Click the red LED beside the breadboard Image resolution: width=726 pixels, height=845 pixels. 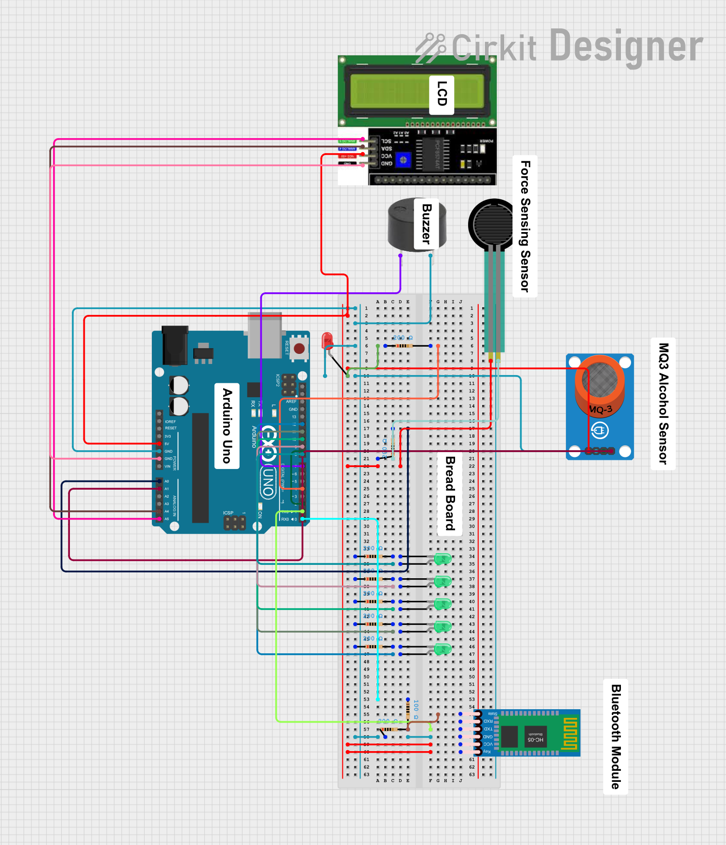tap(327, 340)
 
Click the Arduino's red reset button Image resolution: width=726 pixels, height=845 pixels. tap(299, 348)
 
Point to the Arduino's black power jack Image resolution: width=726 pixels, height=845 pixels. tap(175, 345)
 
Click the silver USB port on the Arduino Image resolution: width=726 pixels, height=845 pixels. tap(264, 335)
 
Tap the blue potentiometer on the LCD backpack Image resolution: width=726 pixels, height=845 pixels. tap(403, 160)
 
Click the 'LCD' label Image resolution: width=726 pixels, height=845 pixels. tap(442, 94)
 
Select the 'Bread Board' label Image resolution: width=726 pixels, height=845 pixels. tap(449, 494)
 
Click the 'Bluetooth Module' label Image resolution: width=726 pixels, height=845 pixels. tap(616, 736)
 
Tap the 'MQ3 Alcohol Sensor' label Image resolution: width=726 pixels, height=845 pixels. tap(663, 403)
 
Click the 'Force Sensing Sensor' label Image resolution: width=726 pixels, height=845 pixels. tap(525, 226)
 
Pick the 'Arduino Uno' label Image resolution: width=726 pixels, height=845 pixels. tap(227, 426)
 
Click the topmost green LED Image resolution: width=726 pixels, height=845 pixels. tap(443, 559)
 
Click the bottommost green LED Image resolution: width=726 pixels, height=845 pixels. tap(443, 649)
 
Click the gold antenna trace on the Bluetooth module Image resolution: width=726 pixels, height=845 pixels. tap(570, 733)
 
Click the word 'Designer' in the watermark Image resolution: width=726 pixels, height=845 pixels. tap(626, 47)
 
